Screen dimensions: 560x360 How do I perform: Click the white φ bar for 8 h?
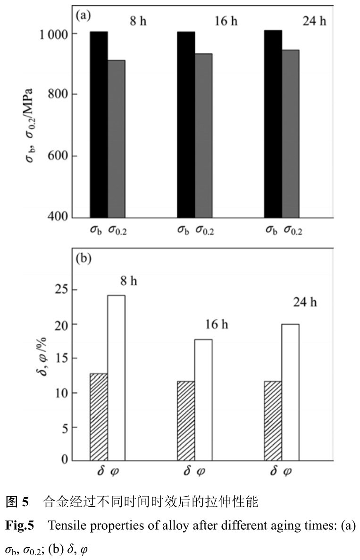[x=116, y=378]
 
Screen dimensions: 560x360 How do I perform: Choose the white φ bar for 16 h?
[x=203, y=399]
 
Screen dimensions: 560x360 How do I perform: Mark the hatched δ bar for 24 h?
[x=273, y=420]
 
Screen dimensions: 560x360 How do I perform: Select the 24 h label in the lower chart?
[x=305, y=302]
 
